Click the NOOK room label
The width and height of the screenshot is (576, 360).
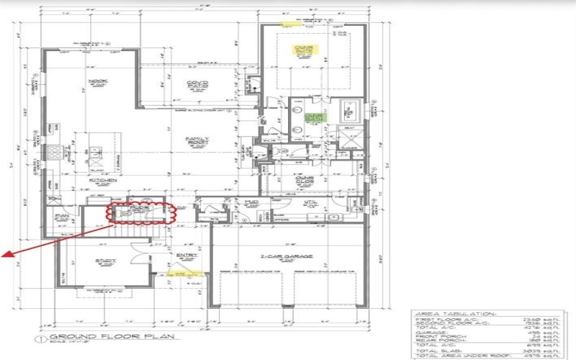click(x=94, y=81)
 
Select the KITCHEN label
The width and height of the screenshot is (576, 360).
click(x=98, y=181)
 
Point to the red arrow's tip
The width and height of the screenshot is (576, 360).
click(x=4, y=254)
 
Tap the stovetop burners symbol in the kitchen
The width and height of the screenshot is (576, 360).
click(x=53, y=152)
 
